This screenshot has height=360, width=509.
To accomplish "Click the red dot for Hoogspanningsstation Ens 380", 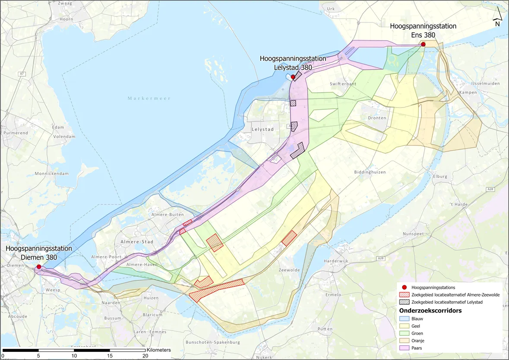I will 424,44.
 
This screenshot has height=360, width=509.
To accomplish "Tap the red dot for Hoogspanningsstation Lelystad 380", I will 293,77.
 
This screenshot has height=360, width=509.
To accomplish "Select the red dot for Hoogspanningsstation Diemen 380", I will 39,267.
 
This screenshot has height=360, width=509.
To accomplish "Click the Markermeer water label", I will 149,98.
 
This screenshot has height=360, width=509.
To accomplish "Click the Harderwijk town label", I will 336,261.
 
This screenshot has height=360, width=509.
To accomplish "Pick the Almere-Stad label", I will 137,242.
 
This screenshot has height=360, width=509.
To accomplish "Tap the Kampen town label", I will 468,92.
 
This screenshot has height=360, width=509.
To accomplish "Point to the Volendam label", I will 64,136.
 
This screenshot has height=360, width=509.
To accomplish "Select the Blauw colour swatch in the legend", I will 404,319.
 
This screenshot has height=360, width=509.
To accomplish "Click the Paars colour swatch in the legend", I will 404,347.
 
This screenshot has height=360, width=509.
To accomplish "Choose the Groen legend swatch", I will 404,333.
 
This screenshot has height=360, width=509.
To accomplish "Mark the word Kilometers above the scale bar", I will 159,350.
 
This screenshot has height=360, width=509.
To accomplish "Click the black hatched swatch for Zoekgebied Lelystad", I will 404,302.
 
